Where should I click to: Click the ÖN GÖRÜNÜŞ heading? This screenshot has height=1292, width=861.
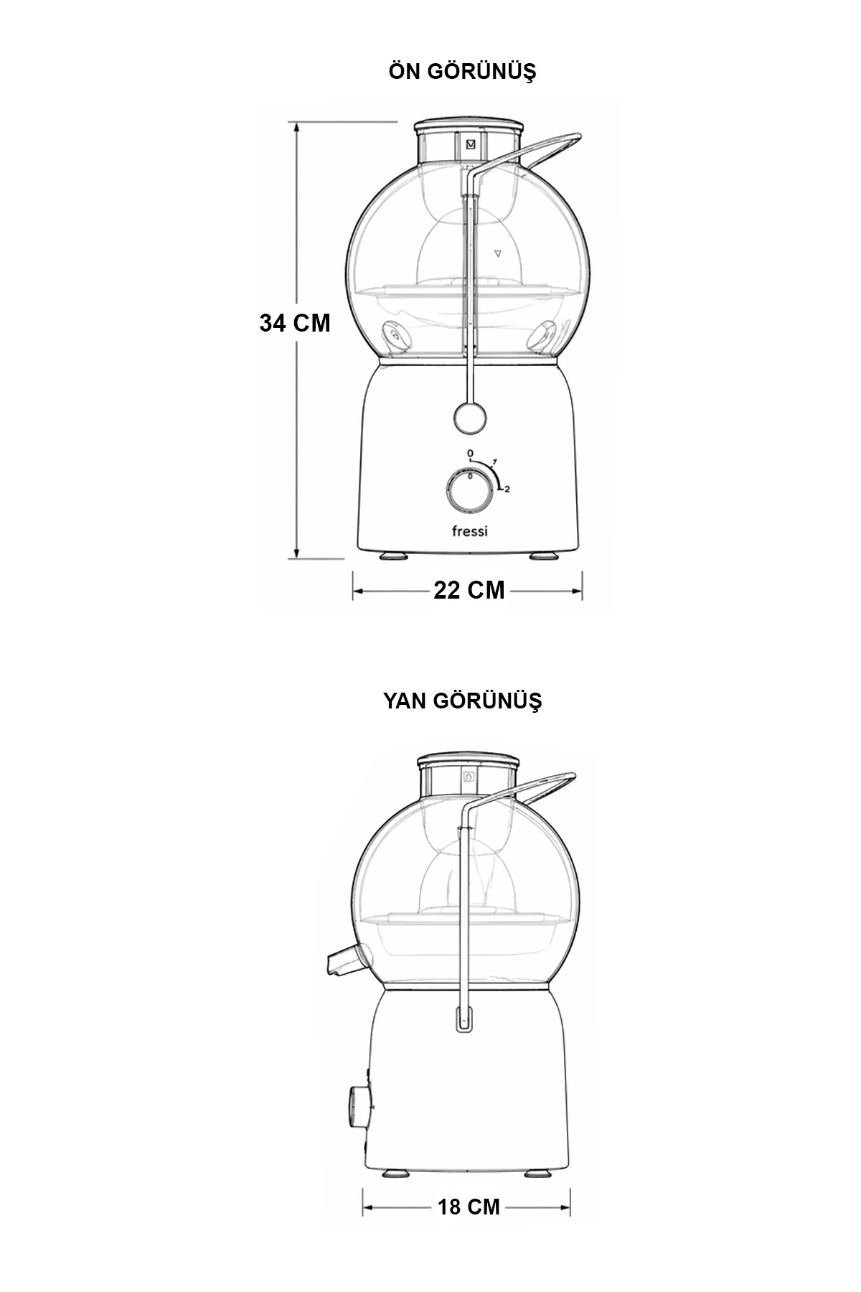(462, 71)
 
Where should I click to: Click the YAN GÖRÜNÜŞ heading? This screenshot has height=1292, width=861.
(462, 700)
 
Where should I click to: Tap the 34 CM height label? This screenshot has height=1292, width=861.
(295, 323)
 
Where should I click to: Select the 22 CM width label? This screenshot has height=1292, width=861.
(469, 590)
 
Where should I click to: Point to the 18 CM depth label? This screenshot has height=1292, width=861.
(469, 1206)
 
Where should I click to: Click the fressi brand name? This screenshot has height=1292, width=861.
(469, 531)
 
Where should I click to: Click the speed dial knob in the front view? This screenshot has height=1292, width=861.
(469, 492)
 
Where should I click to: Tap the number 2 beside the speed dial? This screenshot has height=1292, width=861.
(507, 490)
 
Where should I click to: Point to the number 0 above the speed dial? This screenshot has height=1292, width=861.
(470, 454)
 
